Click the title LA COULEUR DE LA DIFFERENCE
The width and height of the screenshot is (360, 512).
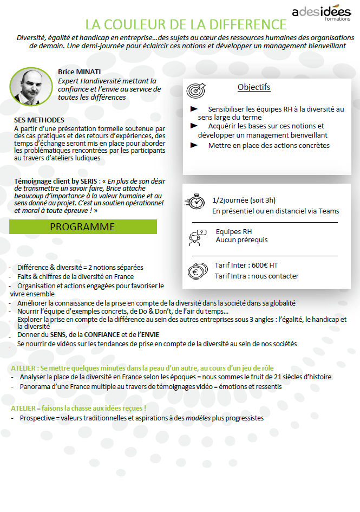pyautogui.click(x=186, y=25)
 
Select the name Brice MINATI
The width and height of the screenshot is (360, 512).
pyautogui.click(x=80, y=72)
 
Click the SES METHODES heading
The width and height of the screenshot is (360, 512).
pyautogui.click(x=39, y=120)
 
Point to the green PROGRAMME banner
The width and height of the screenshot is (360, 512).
pyautogui.click(x=83, y=226)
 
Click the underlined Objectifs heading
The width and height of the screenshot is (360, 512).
pyautogui.click(x=254, y=87)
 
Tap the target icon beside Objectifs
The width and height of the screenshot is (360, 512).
pyautogui.click(x=196, y=90)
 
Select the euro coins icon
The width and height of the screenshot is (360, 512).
pyautogui.click(x=197, y=270)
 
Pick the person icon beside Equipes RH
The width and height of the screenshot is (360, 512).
pyautogui.click(x=197, y=236)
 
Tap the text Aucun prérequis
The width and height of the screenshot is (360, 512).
pyautogui.click(x=241, y=239)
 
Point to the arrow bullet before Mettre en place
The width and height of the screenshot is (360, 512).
pyautogui.click(x=194, y=145)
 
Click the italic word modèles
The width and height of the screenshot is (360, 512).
pyautogui.click(x=198, y=418)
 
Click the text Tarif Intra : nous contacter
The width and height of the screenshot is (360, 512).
pyautogui.click(x=257, y=276)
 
